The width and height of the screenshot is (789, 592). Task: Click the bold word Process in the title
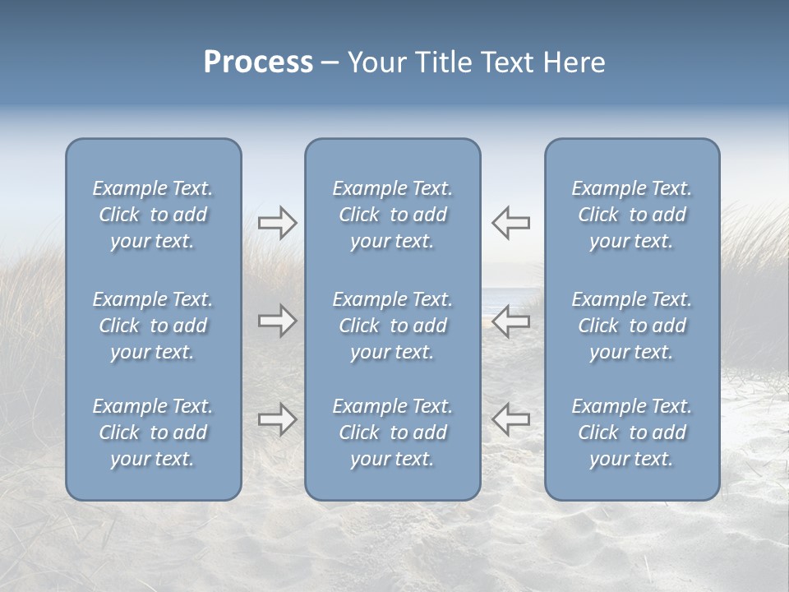pos(258,62)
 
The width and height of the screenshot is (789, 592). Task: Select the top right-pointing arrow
pos(277,223)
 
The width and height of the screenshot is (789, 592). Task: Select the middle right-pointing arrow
pos(277,321)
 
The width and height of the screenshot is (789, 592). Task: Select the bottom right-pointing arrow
pos(277,419)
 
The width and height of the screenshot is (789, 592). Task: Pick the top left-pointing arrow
pos(511,223)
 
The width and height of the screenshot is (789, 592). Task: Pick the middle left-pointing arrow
pos(511,321)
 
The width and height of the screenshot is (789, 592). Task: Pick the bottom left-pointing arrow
pos(511,419)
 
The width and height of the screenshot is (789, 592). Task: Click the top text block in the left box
pos(153,215)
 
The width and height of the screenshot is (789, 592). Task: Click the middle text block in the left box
pos(153,326)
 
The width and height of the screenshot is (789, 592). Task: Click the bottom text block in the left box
pos(153,432)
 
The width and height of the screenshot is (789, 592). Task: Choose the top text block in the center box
pos(393,215)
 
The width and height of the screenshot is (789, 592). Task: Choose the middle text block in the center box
pos(393,326)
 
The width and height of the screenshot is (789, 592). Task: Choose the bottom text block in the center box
pos(393,432)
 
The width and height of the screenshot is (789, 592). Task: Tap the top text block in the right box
pos(632,215)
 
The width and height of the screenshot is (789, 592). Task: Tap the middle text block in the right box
pos(632,326)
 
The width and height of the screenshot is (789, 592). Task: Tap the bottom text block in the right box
pos(632,432)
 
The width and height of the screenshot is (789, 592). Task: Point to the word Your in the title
pos(376,62)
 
